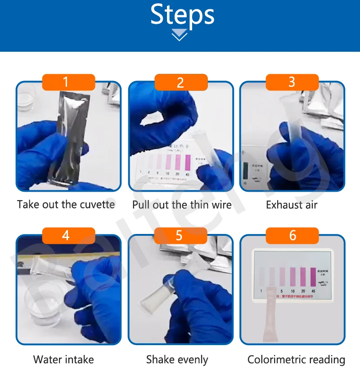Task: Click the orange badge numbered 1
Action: (68, 82)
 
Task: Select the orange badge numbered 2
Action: (180, 82)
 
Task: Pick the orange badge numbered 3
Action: (292, 82)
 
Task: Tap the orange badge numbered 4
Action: (68, 235)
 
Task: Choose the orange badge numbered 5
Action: (180, 235)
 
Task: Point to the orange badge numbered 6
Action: (292, 235)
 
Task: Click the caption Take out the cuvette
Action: (66, 205)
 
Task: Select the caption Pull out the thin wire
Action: (182, 205)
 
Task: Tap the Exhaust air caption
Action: (292, 205)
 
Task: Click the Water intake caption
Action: (63, 360)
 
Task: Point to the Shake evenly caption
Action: (177, 360)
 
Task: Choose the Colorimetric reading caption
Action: (296, 360)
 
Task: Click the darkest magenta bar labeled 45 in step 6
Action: (313, 277)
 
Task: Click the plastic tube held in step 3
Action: (288, 130)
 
